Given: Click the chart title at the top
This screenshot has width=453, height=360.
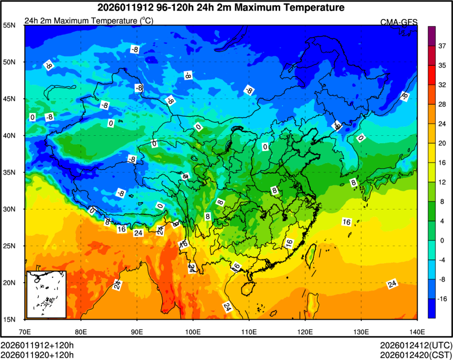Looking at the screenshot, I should pyautogui.click(x=221, y=7).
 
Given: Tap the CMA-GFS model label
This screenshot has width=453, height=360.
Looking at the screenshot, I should pyautogui.click(x=399, y=22).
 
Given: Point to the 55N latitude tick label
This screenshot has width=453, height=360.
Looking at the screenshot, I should pyautogui.click(x=9, y=25).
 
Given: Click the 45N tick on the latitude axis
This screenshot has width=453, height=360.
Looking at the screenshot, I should pyautogui.click(x=9, y=99).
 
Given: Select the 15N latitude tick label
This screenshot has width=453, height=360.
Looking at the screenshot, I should pyautogui.click(x=9, y=319).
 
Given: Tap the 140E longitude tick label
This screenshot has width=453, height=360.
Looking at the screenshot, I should pyautogui.click(x=417, y=332).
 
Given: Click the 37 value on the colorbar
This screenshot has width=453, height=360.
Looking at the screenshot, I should pyautogui.click(x=443, y=46).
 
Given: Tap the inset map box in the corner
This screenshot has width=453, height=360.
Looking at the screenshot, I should pyautogui.click(x=46, y=294).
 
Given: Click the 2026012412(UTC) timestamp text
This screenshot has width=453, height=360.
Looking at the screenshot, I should pyautogui.click(x=416, y=345).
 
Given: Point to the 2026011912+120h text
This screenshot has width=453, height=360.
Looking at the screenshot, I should pyautogui.click(x=37, y=345).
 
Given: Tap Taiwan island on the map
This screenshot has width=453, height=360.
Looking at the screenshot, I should pyautogui.click(x=311, y=255).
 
